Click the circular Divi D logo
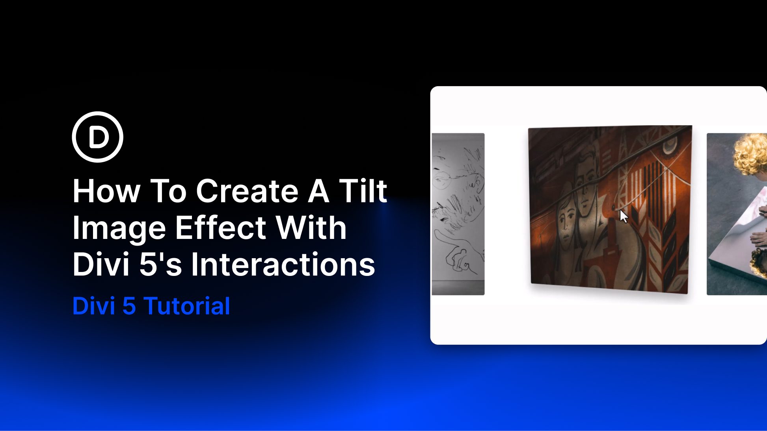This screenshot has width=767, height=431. coord(97,137)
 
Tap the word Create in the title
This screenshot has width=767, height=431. coord(247,191)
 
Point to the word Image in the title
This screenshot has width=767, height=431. coord(119,229)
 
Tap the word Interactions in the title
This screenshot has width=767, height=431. coord(283,264)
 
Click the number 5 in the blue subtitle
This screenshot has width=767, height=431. coord(129,306)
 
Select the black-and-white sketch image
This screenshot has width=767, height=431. coord(458,214)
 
